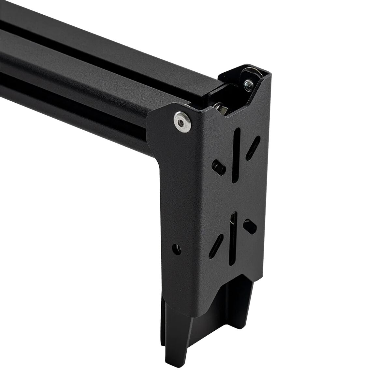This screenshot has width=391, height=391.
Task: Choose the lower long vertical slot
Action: point(232,237)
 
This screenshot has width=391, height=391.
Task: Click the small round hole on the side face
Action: point(177,248)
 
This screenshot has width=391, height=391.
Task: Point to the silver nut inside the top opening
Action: point(222,107)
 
